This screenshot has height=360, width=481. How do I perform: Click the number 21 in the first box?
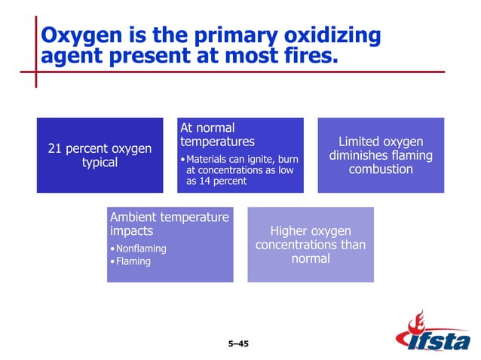(54, 149)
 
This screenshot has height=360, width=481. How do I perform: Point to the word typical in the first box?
(100, 163)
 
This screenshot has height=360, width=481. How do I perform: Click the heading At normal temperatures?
(217, 135)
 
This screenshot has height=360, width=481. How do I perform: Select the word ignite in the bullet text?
(259, 159)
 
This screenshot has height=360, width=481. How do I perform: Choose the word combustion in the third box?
(381, 169)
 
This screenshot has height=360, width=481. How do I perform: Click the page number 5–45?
(237, 344)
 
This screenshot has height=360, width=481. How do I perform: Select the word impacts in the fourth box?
(132, 231)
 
